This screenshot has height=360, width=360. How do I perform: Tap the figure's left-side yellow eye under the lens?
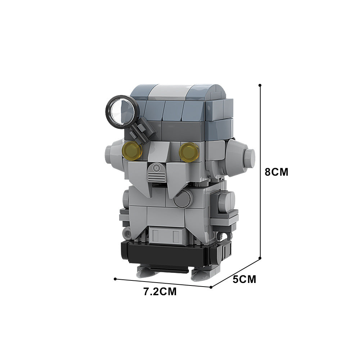[133, 150]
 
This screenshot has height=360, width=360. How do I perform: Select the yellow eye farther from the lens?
[189, 152]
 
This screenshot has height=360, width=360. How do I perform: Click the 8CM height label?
[276, 172]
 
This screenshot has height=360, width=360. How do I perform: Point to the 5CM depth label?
[244, 279]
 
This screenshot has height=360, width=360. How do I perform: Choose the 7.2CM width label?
[160, 292]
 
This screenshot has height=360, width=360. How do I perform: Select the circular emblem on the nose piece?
[157, 168]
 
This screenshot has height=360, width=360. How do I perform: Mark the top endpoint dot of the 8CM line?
[260, 86]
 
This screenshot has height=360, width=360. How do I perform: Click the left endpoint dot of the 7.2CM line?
[115, 279]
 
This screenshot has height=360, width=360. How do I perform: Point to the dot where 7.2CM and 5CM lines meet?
[211, 287]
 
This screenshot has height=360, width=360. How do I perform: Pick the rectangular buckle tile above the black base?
[165, 236]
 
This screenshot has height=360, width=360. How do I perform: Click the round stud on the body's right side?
[228, 198]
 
